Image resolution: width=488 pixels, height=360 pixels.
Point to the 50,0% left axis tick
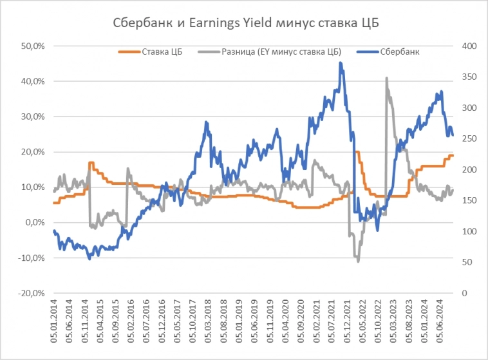(x=32, y=46)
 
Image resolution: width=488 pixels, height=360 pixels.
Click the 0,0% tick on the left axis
(x=33, y=223)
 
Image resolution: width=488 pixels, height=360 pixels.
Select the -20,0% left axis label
(x=31, y=293)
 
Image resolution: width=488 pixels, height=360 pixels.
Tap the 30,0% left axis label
(x=32, y=117)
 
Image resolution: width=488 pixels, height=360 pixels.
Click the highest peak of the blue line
(x=341, y=62)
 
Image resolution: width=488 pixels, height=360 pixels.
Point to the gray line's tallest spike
(x=386, y=78)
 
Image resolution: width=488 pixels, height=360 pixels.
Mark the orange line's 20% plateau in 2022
(x=357, y=153)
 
